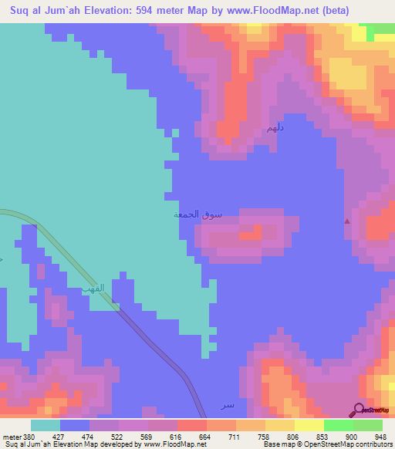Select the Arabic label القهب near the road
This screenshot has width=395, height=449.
[93, 289]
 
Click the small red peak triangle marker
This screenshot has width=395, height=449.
[346, 221]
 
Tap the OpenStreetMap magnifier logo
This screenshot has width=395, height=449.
[360, 410]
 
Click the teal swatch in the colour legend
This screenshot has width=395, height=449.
[46, 425]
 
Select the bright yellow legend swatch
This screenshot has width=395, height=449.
[309, 425]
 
